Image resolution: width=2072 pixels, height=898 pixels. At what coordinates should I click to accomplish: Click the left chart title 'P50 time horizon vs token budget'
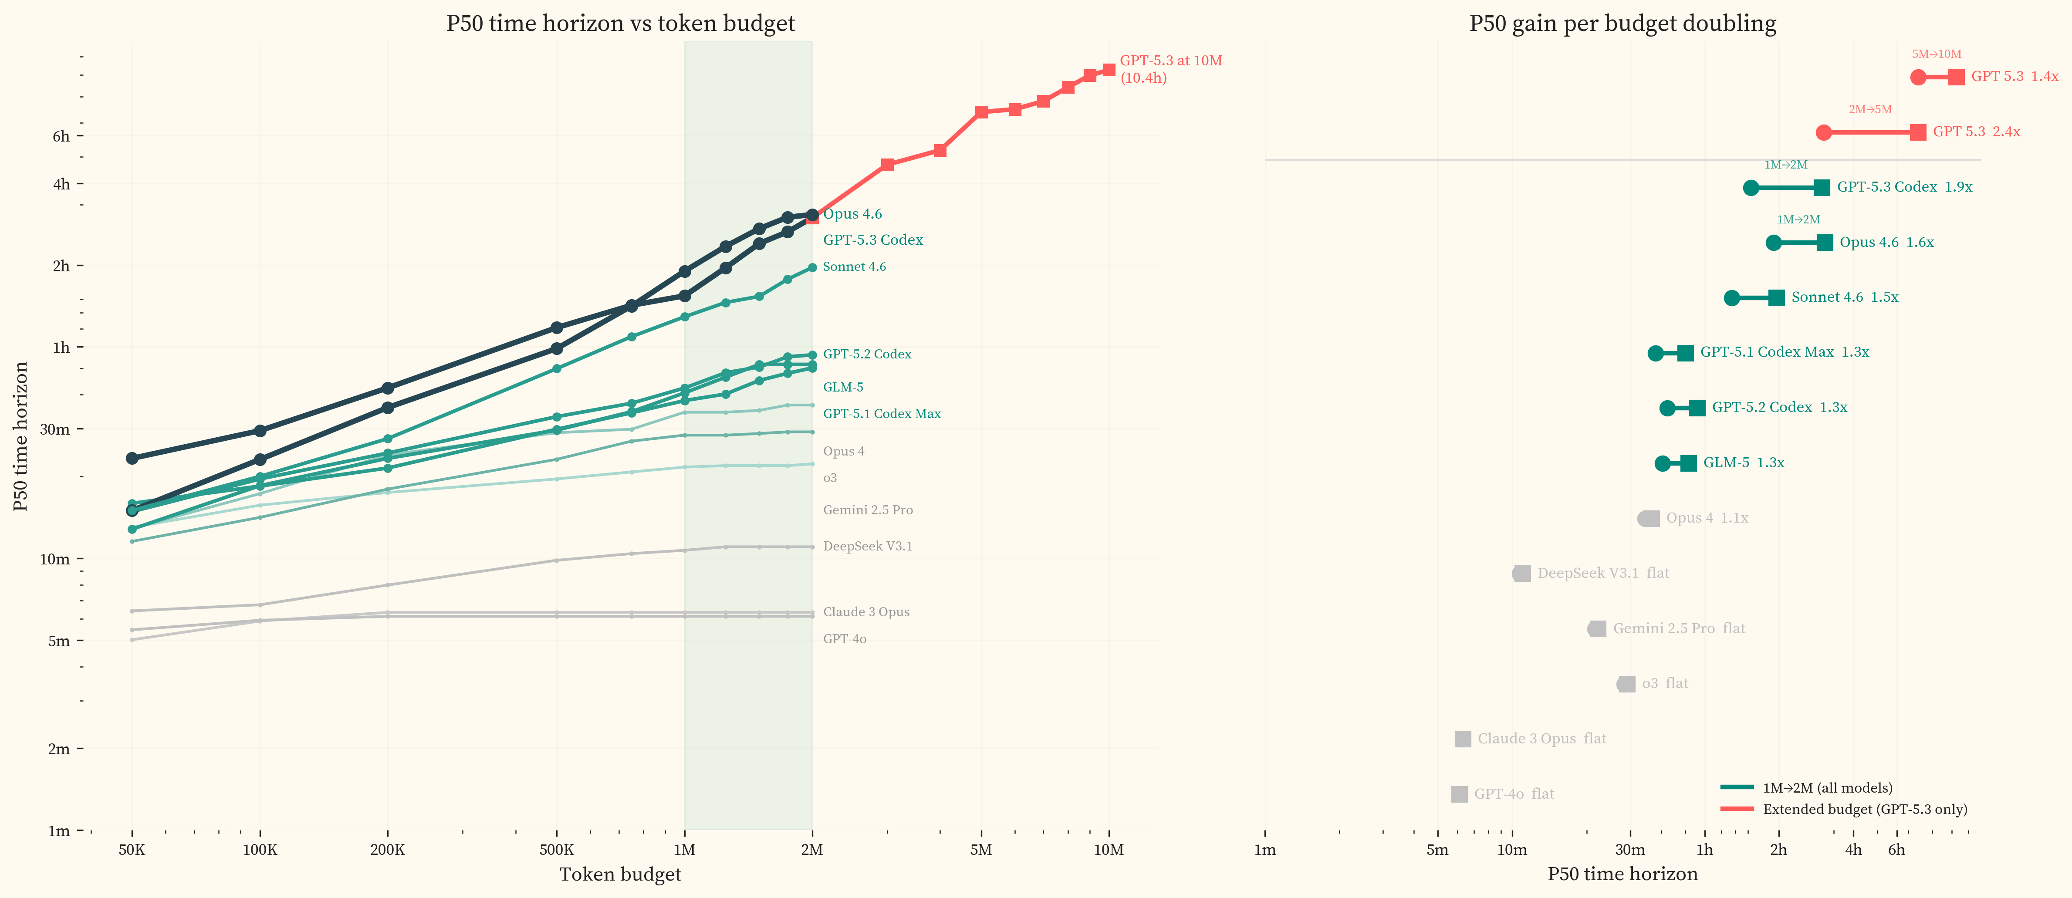tap(620, 24)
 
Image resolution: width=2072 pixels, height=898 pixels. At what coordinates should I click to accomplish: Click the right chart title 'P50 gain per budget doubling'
tap(1622, 24)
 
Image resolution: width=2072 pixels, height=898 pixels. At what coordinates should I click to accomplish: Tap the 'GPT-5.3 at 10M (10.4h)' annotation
tap(1170, 69)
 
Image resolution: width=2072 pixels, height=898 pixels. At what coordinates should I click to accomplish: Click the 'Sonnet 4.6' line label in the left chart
tap(854, 267)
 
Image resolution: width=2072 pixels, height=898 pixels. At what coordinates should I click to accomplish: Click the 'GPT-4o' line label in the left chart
tap(845, 639)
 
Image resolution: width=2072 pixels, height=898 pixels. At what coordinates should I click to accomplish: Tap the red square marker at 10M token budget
tap(1109, 70)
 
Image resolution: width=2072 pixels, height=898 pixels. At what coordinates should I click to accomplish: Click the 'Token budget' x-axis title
tap(620, 874)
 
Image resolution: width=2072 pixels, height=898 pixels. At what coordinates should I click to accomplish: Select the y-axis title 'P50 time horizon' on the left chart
tap(21, 436)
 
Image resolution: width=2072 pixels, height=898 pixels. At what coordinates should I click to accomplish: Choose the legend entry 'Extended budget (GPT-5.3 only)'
tap(1865, 810)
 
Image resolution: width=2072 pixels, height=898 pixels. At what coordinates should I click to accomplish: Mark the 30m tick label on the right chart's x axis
tap(1629, 850)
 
